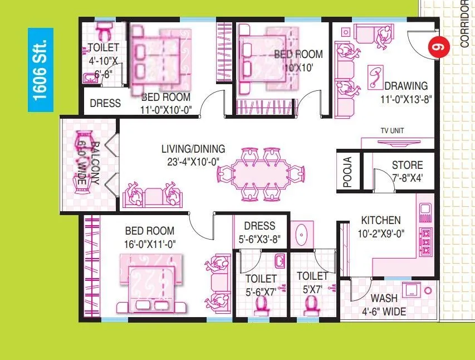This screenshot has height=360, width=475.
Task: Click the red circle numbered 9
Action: (x=438, y=48)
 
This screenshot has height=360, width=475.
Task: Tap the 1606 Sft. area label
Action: (x=41, y=70)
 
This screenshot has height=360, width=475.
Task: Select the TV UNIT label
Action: (x=390, y=131)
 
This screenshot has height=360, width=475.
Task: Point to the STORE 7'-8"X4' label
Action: (x=407, y=171)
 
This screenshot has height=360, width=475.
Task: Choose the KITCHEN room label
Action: (x=380, y=227)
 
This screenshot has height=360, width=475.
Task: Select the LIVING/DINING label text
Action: (x=193, y=154)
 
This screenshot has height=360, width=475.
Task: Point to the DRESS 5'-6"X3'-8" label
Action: (x=259, y=231)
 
